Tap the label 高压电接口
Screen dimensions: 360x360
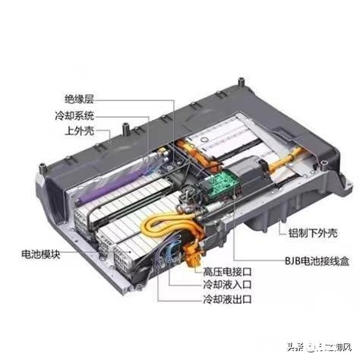pos(219,271)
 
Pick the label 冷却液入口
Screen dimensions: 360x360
pos(219,286)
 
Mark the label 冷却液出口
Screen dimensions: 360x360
pos(219,301)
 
